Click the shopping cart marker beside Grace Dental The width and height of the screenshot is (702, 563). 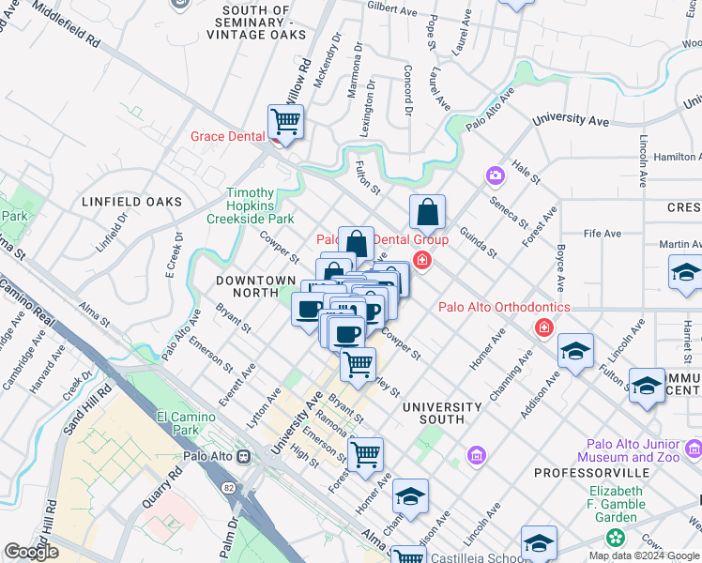point(285,121)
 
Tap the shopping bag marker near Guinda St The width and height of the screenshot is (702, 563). point(427,213)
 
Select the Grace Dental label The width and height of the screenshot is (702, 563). point(227,136)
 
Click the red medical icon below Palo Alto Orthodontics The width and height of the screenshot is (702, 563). point(542,327)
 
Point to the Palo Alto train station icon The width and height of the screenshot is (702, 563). point(243,456)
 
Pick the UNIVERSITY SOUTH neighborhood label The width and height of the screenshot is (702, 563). point(441,414)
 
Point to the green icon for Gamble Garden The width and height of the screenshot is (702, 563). point(615,538)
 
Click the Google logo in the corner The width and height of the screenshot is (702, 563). point(31,551)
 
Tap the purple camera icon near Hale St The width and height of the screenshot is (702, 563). point(494,175)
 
